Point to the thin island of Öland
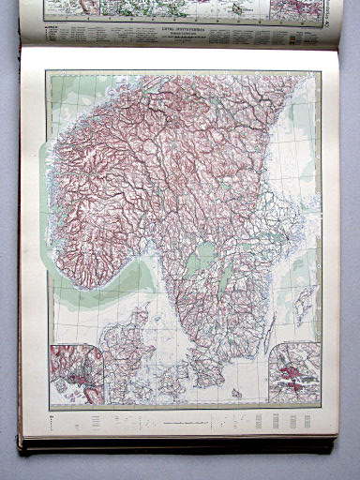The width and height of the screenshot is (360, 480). (x=270, y=328)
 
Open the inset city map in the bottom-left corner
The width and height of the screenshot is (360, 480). (x=76, y=374)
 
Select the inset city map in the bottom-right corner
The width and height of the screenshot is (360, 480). (x=293, y=375)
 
